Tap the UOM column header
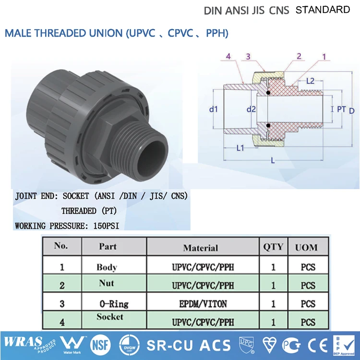[306, 247]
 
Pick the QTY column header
[273, 247]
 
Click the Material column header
[201, 248]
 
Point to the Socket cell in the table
[110, 317]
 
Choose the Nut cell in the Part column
[107, 283]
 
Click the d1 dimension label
[214, 109]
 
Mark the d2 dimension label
[251, 109]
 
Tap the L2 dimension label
[310, 81]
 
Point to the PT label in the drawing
[341, 109]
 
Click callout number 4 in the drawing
[228, 57]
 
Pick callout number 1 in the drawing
[324, 57]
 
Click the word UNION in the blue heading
[104, 34]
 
